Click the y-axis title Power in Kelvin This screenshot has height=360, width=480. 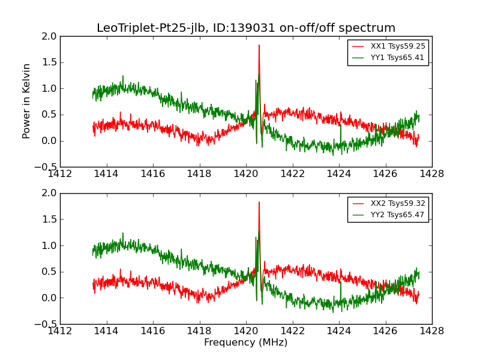coord(26,101)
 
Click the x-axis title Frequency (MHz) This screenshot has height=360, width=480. coord(245,343)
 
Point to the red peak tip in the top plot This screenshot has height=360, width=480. coord(259,45)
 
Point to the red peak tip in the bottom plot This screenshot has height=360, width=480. coord(259,202)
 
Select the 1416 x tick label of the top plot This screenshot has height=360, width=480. coord(153,173)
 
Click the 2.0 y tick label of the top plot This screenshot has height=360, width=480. coord(50,37)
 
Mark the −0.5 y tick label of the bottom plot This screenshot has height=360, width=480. coord(47,324)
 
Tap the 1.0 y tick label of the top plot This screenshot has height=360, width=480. coord(50,89)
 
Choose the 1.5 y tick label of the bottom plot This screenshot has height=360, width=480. coord(50,220)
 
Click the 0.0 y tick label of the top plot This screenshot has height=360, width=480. coord(50,141)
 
